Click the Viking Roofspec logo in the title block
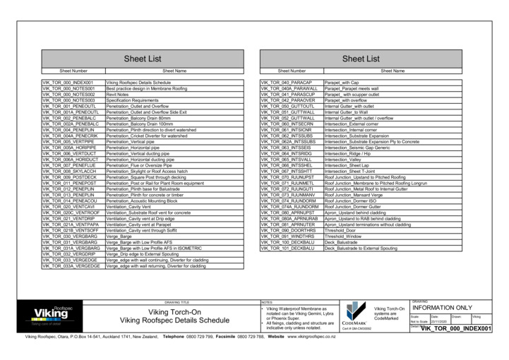point(52,315)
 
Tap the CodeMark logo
point(356,315)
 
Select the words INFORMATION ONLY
point(442,308)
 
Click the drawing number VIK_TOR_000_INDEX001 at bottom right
point(455,328)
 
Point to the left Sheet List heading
point(143,59)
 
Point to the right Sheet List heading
point(361,59)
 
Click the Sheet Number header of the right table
point(292,71)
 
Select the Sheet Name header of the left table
point(174,71)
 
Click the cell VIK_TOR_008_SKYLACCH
point(69,171)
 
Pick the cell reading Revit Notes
point(117,94)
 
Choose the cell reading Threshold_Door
point(340,230)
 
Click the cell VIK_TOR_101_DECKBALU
point(287,248)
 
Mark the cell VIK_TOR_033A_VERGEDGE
point(71,265)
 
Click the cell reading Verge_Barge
point(119,236)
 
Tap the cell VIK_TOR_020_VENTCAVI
point(68,207)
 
